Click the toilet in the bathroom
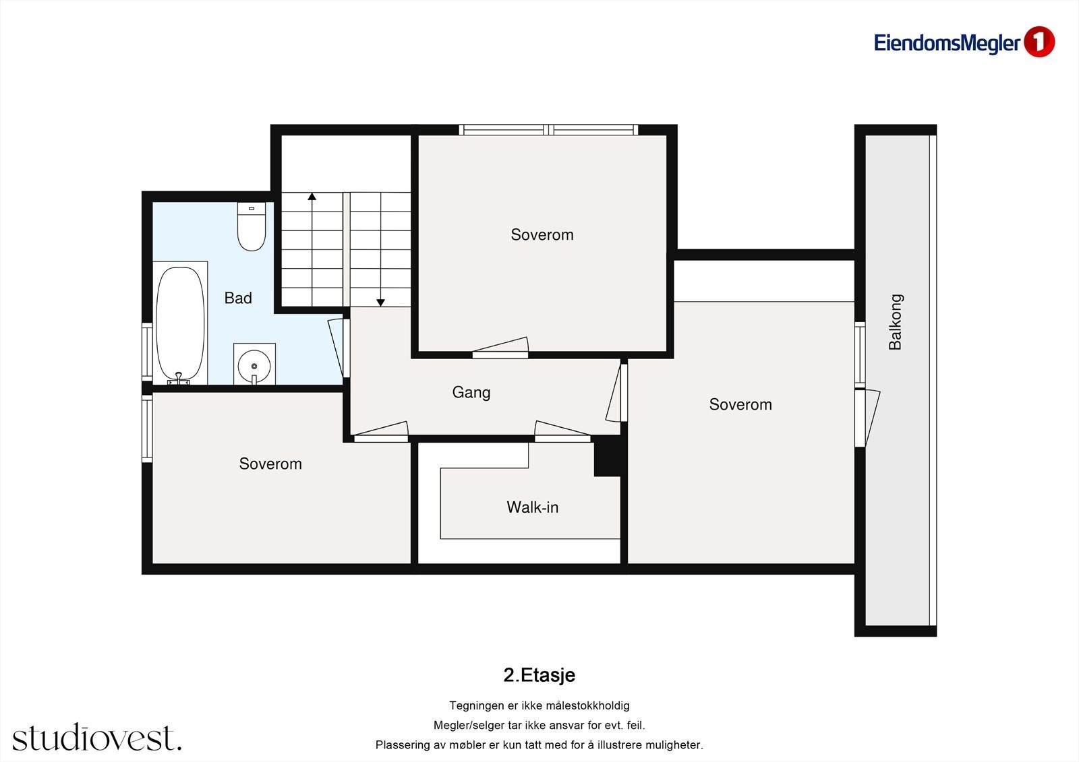[251, 226]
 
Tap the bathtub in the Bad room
[180, 323]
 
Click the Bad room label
[238, 298]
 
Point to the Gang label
[471, 393]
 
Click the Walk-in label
[532, 507]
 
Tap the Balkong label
[896, 321]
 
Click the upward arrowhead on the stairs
[312, 196]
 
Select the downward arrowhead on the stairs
[380, 303]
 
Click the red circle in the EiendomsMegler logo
[1039, 42]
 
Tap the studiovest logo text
[97, 737]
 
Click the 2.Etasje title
[539, 675]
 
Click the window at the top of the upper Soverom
[548, 129]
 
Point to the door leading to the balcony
[867, 418]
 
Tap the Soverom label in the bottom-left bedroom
[270, 464]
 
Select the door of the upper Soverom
[500, 348]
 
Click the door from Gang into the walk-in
[562, 432]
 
